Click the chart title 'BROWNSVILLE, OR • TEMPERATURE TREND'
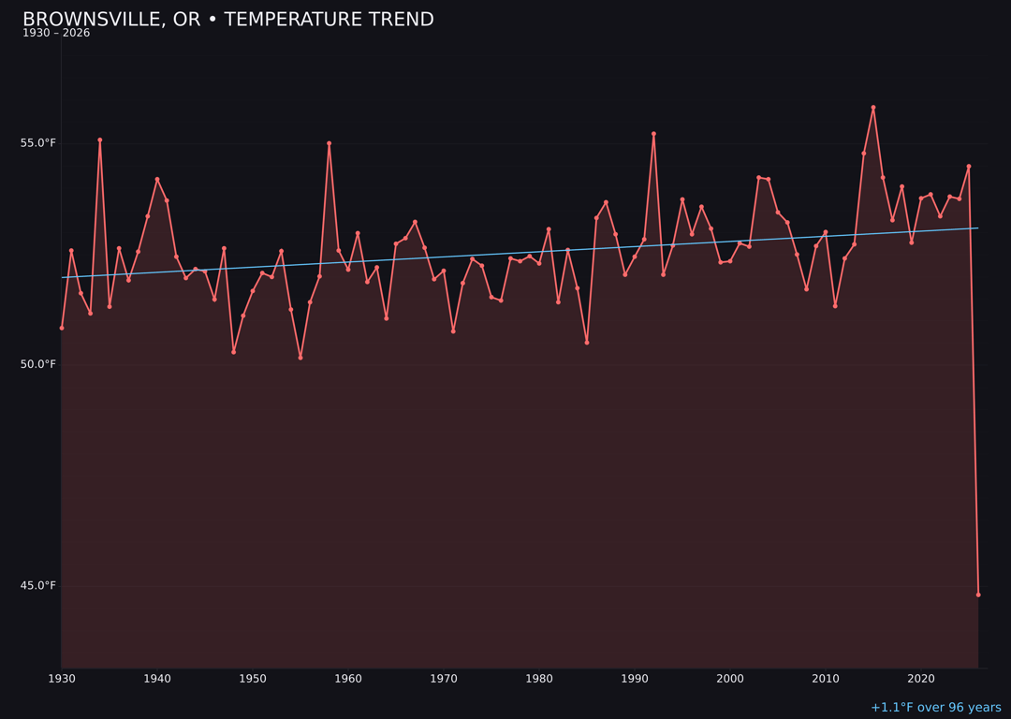click(227, 20)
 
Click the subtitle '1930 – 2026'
click(56, 33)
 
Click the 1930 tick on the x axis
click(62, 679)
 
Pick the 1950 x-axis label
click(253, 679)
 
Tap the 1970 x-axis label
click(444, 679)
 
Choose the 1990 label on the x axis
click(635, 679)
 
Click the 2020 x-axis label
click(921, 679)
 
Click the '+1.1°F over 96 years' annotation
click(935, 708)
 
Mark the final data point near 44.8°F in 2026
click(978, 594)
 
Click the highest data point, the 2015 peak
click(873, 108)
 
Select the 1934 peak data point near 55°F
click(100, 140)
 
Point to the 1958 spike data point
click(329, 143)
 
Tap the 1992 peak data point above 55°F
click(653, 134)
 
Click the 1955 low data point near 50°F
click(300, 358)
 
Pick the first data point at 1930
click(62, 328)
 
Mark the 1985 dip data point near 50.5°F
click(587, 343)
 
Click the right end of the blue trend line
click(977, 227)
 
